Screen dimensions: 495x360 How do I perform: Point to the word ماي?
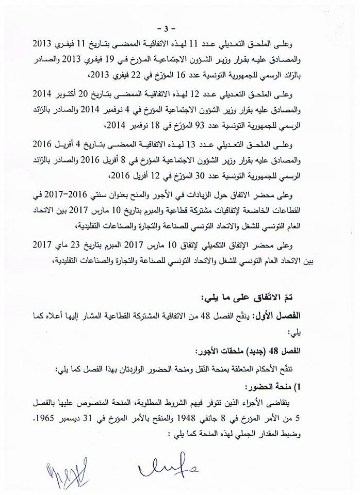(46, 243)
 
